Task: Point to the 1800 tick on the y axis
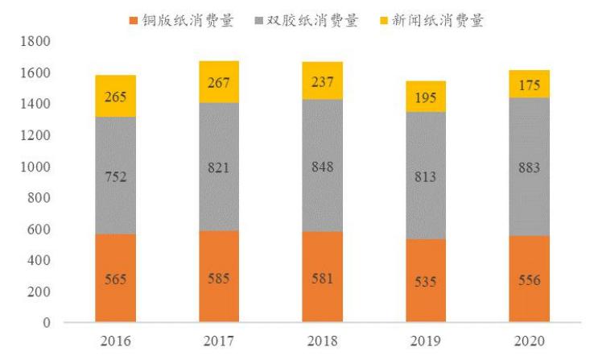click(x=39, y=42)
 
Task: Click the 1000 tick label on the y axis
click(x=39, y=167)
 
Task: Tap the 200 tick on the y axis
click(x=42, y=292)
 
